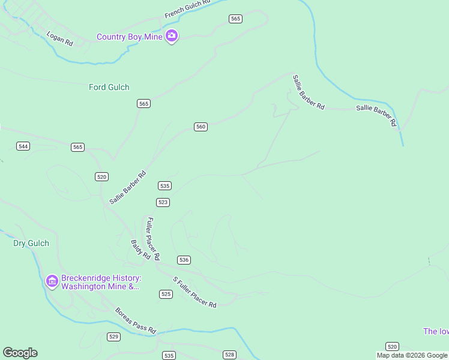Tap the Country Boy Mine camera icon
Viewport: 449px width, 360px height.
[172, 36]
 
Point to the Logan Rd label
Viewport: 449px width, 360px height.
[60, 38]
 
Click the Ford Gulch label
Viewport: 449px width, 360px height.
[109, 87]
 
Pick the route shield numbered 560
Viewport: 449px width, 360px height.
[200, 127]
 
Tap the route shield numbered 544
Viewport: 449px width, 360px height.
[23, 146]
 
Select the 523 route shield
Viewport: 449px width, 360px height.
[163, 202]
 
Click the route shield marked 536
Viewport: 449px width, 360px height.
[184, 260]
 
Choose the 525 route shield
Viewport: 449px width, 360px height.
[166, 294]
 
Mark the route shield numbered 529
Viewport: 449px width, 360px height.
[113, 337]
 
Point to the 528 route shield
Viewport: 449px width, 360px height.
[229, 355]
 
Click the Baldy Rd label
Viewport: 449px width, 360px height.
[140, 249]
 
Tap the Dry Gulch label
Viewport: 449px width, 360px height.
[31, 243]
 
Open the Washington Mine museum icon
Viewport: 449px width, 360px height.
[52, 280]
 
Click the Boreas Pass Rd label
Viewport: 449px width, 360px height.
[136, 321]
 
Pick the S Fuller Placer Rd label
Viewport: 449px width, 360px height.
[194, 292]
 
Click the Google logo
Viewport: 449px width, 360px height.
[20, 353]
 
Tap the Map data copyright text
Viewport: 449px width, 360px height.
[412, 355]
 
